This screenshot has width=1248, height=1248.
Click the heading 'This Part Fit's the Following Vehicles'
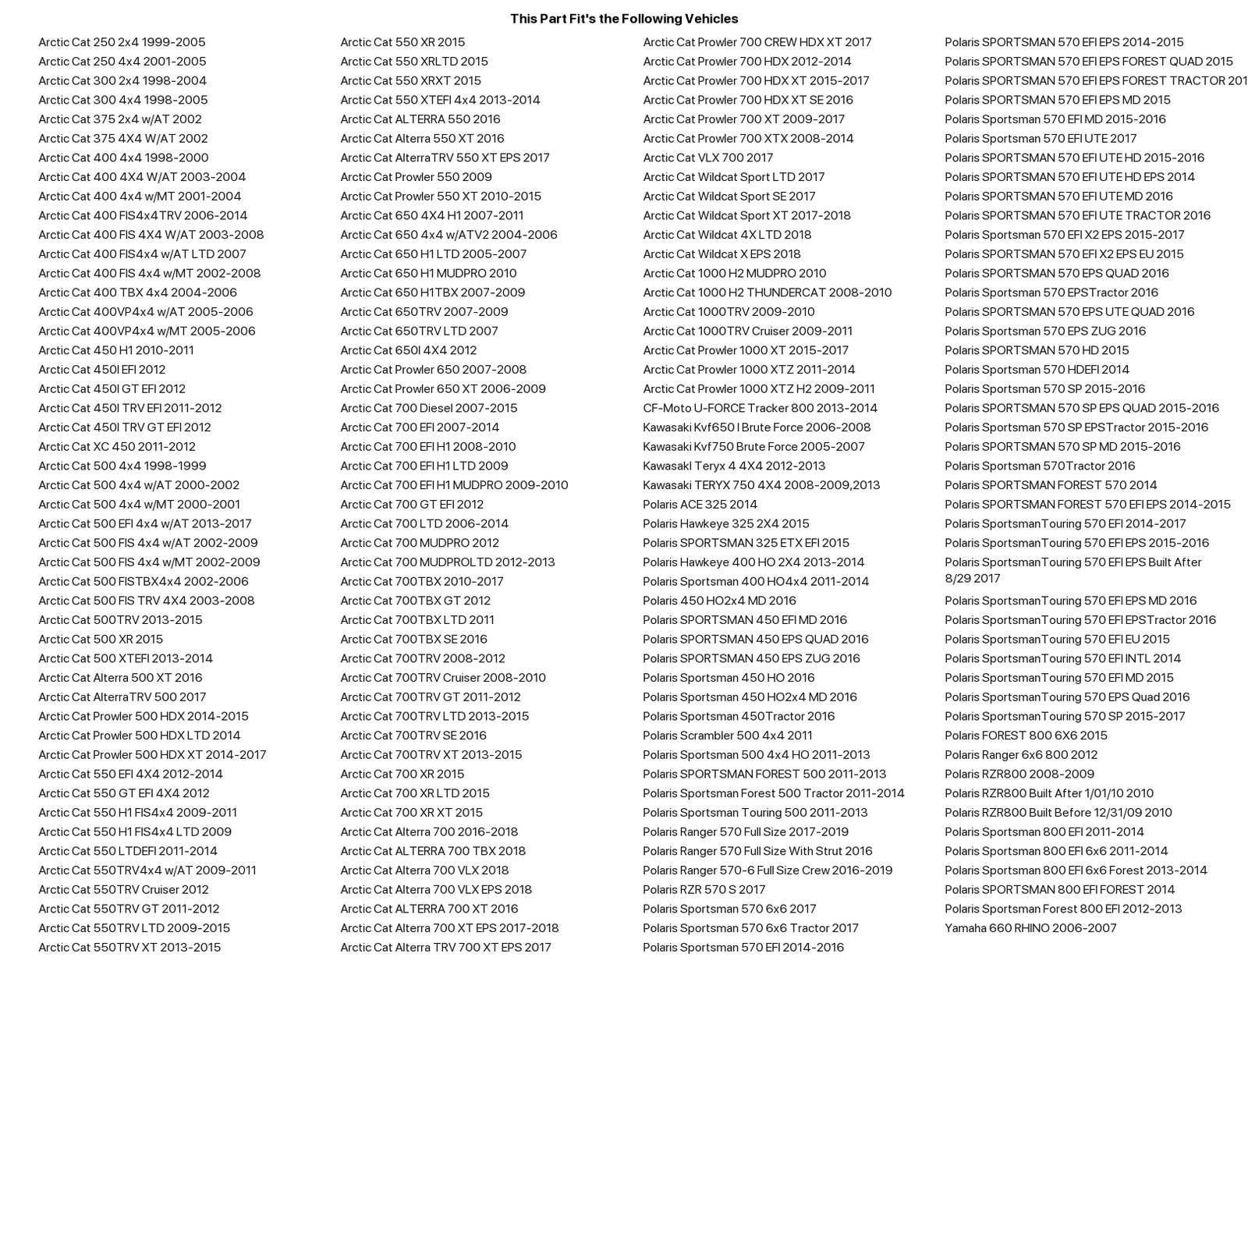[x=624, y=19]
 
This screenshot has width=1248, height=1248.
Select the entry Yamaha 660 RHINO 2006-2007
[x=1030, y=928]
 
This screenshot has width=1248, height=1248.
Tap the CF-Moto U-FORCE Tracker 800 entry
[x=760, y=408]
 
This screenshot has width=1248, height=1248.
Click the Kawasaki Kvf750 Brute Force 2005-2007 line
[x=753, y=447]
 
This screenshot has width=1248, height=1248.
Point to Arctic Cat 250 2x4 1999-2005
[x=122, y=42]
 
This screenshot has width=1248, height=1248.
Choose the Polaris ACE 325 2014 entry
[x=700, y=505]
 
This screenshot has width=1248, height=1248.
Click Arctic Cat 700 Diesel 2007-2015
[x=428, y=408]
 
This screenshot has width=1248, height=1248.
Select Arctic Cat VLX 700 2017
[x=707, y=158]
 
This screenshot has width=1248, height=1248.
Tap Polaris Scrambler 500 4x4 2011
[x=727, y=736]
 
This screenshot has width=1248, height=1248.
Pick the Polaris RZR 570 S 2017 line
[x=704, y=890]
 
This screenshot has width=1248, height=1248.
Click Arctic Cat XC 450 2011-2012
[x=117, y=447]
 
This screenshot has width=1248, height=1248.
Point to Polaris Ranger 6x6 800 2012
[x=1020, y=755]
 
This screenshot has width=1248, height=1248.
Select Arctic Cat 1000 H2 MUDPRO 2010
[x=734, y=274]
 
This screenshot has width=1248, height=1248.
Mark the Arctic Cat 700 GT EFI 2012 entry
[x=412, y=505]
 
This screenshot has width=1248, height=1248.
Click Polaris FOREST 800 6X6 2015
[x=1026, y=736]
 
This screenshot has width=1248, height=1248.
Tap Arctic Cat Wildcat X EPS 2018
[x=721, y=254]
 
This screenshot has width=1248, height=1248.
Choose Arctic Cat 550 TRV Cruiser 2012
[x=123, y=890]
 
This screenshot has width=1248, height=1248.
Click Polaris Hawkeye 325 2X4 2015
[x=725, y=524]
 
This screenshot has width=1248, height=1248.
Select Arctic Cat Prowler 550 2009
[x=416, y=177]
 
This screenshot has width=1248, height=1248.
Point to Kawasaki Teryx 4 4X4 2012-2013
[x=733, y=466]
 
